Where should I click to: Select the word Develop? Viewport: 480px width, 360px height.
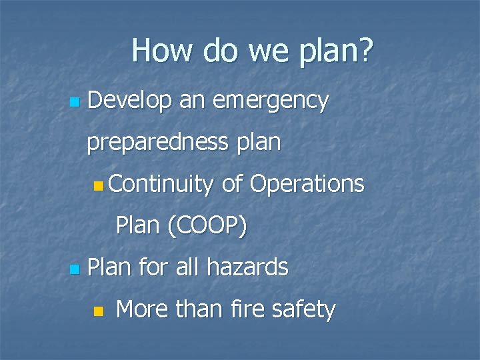tap(127, 101)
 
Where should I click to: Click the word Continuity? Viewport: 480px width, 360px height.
tap(160, 185)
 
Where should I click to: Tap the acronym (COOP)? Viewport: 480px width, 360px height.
tap(208, 227)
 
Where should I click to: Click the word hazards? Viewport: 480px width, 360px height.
tap(247, 268)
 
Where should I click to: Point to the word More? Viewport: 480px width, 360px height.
tap(140, 309)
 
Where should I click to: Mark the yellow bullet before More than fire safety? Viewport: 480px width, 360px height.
tap(99, 311)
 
